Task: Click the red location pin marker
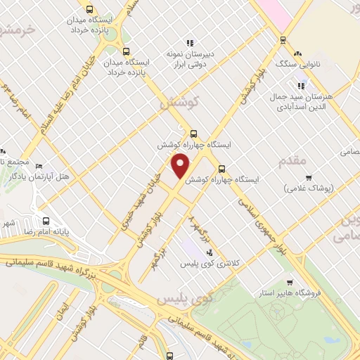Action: coord(181,165)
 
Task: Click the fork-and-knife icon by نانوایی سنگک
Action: coord(298,53)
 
